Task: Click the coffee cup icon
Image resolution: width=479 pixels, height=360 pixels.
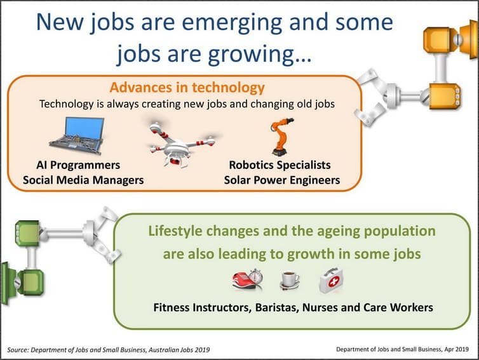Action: click(x=289, y=279)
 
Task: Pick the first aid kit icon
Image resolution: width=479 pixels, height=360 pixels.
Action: click(x=331, y=279)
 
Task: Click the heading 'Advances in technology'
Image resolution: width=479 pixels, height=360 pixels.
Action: click(x=187, y=87)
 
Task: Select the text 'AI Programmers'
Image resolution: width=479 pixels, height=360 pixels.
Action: click(x=79, y=165)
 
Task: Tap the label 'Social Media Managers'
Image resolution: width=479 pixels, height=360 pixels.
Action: click(x=83, y=180)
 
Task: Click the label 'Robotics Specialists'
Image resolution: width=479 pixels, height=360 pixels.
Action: click(x=280, y=165)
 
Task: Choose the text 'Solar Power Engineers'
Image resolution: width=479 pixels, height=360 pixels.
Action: click(x=282, y=180)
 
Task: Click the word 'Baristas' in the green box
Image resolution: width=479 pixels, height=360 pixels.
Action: click(x=283, y=307)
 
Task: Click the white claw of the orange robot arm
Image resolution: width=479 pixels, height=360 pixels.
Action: click(x=372, y=95)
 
